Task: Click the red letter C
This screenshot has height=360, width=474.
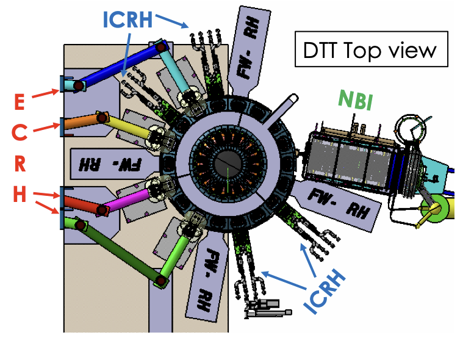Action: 20,132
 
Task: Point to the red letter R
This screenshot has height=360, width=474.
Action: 20,164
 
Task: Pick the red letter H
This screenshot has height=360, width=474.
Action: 20,195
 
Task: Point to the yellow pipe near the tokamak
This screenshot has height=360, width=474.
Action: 128,126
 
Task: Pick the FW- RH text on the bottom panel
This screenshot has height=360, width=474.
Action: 211,278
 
